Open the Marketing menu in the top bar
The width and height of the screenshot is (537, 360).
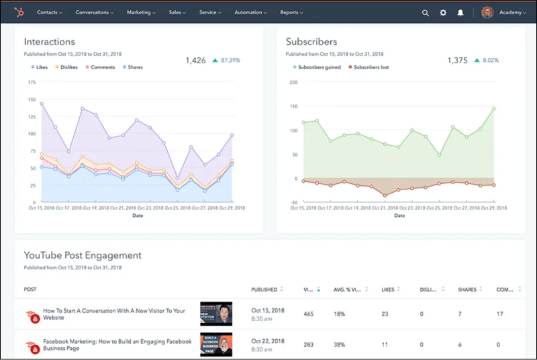pyautogui.click(x=141, y=12)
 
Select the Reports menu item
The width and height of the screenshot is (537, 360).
pyautogui.click(x=291, y=12)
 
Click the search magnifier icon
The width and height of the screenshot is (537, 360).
pyautogui.click(x=426, y=13)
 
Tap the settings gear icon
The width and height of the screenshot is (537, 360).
pyautogui.click(x=443, y=13)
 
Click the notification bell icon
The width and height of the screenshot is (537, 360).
pyautogui.click(x=460, y=13)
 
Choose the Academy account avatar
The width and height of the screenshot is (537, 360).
pyautogui.click(x=487, y=13)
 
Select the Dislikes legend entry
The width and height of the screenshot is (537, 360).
pyautogui.click(x=69, y=67)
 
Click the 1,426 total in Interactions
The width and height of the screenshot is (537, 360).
pyautogui.click(x=196, y=60)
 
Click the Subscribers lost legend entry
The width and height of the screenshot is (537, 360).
pyautogui.click(x=371, y=67)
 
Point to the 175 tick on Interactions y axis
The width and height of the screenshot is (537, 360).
pyautogui.click(x=32, y=82)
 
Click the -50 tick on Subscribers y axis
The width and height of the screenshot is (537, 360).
pyautogui.click(x=293, y=202)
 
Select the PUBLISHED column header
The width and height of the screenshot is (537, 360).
pyautogui.click(x=264, y=289)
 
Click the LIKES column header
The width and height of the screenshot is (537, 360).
pyautogui.click(x=389, y=289)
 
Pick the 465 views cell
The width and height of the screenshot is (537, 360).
pyautogui.click(x=308, y=314)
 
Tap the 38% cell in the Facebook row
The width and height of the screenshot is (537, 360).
pyautogui.click(x=339, y=344)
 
